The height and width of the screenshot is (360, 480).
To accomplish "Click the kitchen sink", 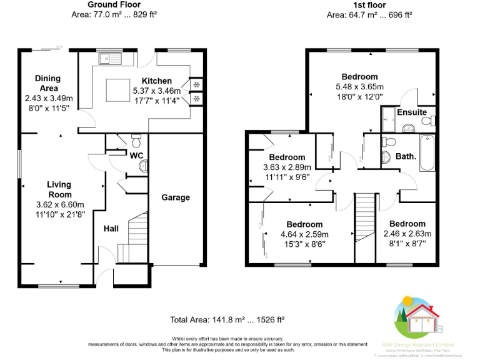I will pyautogui.click(x=112, y=59).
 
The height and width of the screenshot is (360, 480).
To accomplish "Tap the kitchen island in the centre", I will pyautogui.click(x=116, y=89).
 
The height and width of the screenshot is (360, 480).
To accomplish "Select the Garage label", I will pyautogui.click(x=176, y=197).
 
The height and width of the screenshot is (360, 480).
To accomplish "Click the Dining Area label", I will pyautogui.click(x=48, y=83).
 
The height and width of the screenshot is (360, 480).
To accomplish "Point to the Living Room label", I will pyautogui.click(x=59, y=189).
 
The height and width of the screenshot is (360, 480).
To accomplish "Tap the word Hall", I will pyautogui.click(x=111, y=229).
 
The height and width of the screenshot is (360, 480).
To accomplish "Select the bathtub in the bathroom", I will pyautogui.click(x=427, y=153).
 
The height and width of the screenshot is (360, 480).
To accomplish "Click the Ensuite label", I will pyautogui.click(x=412, y=112).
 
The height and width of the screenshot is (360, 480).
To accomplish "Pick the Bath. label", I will pyautogui.click(x=406, y=156).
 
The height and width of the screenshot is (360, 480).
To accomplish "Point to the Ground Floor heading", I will pyautogui.click(x=113, y=5).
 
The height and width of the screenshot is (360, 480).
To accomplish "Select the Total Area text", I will pyautogui.click(x=227, y=319).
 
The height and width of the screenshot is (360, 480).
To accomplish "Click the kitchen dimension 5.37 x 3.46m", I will pyautogui.click(x=156, y=91).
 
